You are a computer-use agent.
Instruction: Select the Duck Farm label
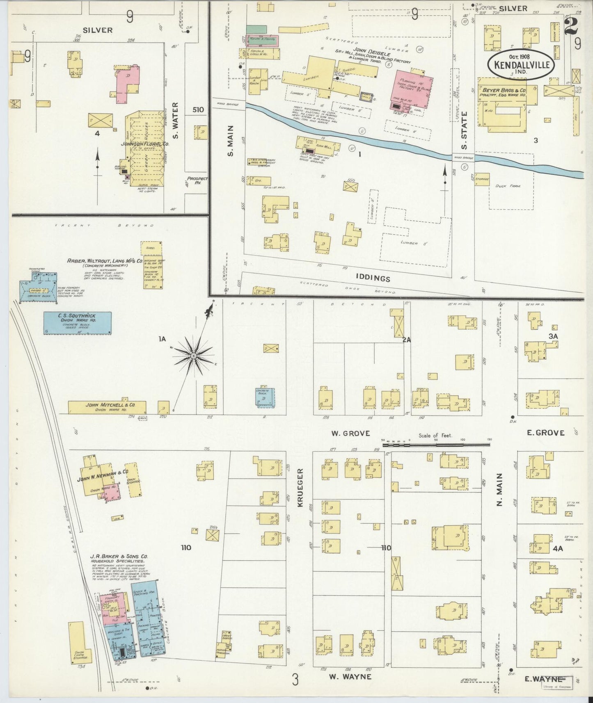pos(508,186)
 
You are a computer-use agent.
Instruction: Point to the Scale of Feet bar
pos(436,442)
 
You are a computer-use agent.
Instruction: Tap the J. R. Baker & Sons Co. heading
pos(119,557)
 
